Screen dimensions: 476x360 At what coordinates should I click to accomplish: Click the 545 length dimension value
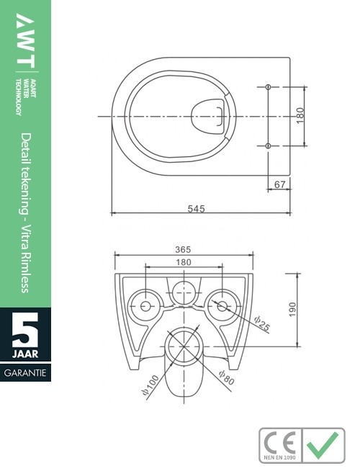(197, 209)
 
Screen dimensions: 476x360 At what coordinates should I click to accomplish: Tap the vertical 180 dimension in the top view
(300, 115)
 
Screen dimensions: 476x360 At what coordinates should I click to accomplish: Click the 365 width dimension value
(183, 249)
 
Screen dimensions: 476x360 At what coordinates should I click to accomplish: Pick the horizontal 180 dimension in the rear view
(184, 263)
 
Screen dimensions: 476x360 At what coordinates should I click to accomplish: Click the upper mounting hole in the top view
(268, 87)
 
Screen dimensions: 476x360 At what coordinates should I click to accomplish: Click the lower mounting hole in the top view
(268, 146)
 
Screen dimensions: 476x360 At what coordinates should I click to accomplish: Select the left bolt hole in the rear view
(145, 306)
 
